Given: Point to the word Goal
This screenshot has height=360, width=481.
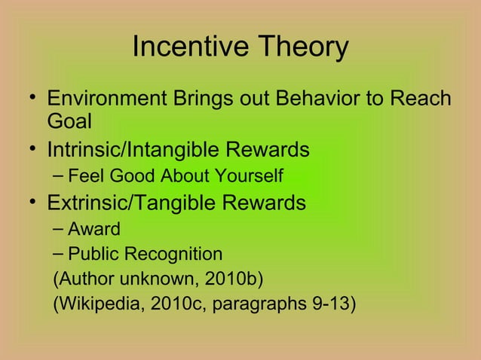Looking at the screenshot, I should [x=69, y=122].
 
